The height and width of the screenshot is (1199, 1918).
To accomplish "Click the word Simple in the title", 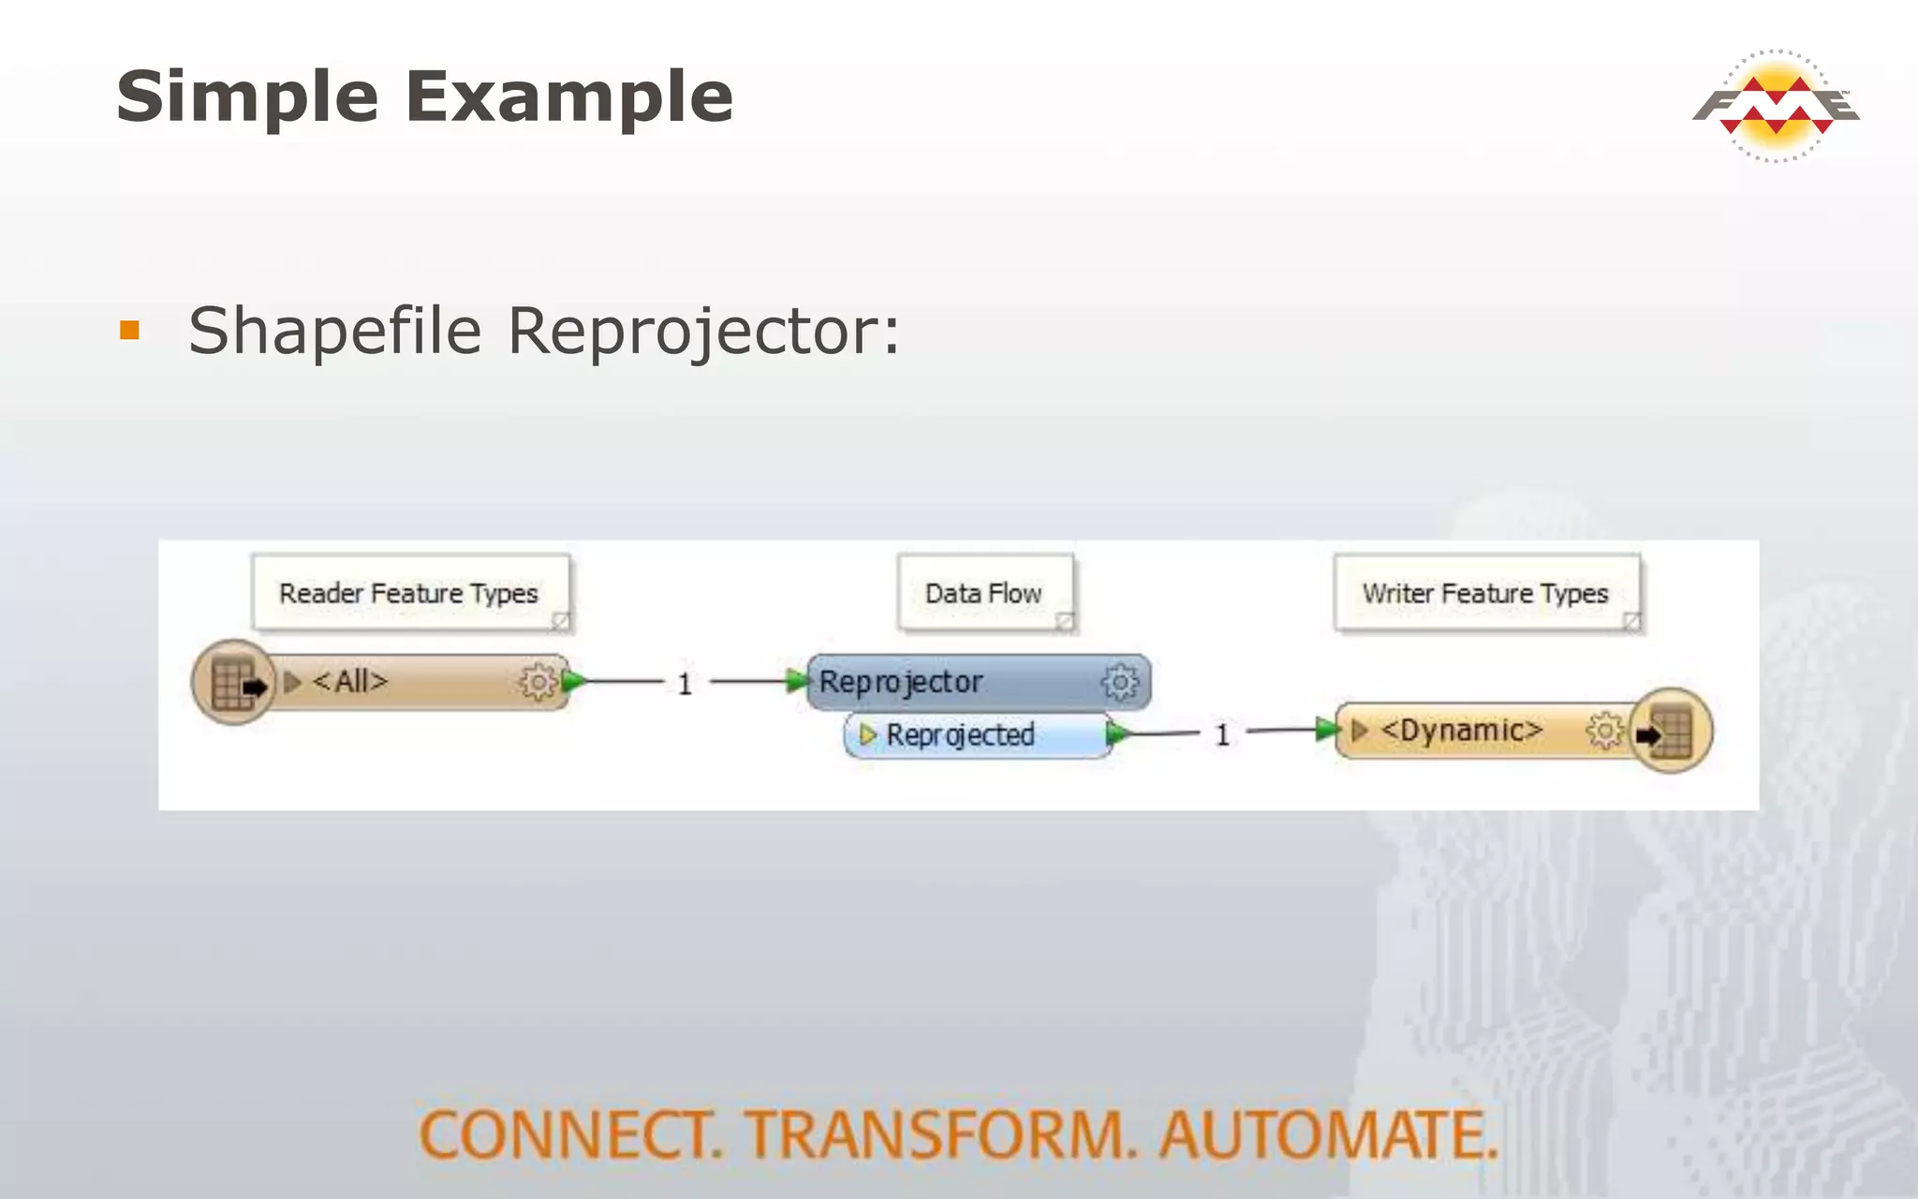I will (x=247, y=97).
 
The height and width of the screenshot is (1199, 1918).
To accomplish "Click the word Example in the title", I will (x=569, y=97).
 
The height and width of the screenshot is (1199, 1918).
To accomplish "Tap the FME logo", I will (x=1776, y=105).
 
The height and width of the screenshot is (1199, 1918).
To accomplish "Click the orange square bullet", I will (x=130, y=330).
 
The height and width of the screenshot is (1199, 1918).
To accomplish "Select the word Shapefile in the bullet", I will (x=335, y=332).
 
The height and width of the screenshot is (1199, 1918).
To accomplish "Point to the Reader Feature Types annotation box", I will (x=410, y=593).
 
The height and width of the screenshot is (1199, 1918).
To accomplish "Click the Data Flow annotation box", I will (x=983, y=593).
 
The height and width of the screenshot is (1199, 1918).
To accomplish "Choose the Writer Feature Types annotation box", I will (x=1485, y=593).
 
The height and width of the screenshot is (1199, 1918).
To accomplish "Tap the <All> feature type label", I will (x=349, y=681).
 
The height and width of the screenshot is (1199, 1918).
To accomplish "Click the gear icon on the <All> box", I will (x=538, y=682).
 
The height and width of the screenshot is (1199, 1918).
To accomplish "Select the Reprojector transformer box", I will (x=937, y=682).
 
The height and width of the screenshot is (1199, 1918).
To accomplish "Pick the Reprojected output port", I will (x=961, y=734).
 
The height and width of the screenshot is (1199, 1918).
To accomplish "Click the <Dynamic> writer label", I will (x=1461, y=730).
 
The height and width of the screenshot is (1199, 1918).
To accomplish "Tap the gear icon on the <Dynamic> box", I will (x=1603, y=731).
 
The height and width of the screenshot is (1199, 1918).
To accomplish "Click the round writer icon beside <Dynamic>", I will (x=1671, y=731).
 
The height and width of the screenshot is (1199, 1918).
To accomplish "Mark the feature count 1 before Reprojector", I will (x=685, y=684).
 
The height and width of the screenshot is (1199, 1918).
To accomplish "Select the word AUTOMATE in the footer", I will (x=1328, y=1134).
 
